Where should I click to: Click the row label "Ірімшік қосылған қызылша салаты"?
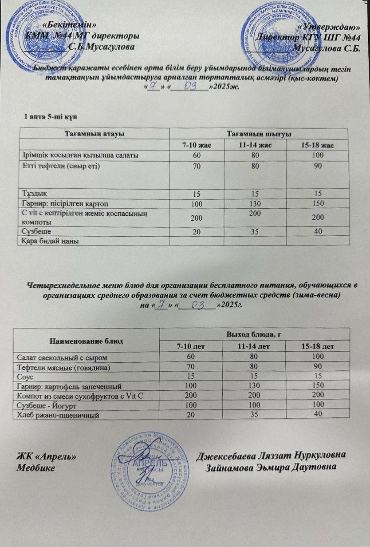click(x=80, y=155)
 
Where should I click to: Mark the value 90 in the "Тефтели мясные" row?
click(x=316, y=367)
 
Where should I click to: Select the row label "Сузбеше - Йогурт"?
click(x=48, y=406)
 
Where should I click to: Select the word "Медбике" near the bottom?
click(x=36, y=468)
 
